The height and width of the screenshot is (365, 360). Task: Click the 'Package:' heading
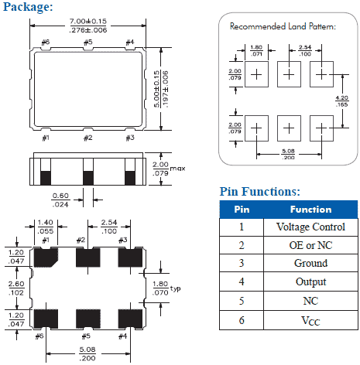(28, 7)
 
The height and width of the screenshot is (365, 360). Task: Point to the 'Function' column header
(310, 209)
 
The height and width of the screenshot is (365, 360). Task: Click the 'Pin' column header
(241, 209)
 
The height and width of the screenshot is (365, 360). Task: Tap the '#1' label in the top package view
(46, 138)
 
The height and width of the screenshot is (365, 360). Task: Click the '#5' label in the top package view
(88, 41)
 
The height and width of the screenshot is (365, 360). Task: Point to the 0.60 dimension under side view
(60, 200)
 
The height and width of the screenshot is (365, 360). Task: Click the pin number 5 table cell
(241, 301)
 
